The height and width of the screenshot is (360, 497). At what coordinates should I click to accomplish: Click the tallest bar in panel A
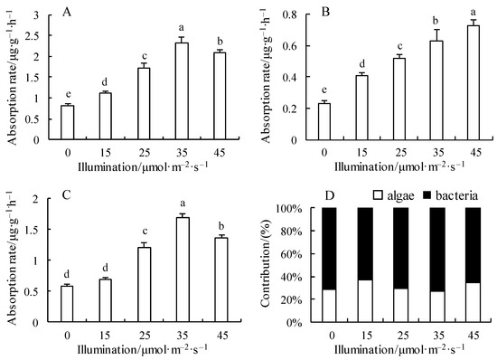(x=182, y=91)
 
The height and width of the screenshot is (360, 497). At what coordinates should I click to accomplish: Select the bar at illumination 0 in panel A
(x=68, y=122)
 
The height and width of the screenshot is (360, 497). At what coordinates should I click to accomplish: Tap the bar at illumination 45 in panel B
(x=473, y=83)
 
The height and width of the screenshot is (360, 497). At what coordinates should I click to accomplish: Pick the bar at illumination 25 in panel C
(x=145, y=285)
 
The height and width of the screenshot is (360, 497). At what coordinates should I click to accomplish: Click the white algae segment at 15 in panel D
(x=365, y=301)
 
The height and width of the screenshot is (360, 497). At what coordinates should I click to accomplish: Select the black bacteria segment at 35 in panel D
(x=437, y=250)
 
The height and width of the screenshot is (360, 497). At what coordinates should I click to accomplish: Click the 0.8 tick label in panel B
(x=290, y=14)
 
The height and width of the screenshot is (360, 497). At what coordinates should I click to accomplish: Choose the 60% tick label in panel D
(x=291, y=254)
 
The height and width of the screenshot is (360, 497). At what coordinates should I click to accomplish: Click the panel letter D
(x=330, y=195)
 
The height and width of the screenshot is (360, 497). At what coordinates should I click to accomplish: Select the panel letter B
(x=326, y=12)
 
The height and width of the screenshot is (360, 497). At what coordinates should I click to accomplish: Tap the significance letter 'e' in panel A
(x=68, y=94)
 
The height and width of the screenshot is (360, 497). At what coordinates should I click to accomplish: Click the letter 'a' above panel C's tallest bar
(x=183, y=204)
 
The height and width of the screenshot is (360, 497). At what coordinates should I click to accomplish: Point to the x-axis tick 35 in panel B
(x=438, y=153)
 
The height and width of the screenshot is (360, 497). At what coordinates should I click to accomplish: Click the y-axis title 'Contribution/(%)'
(x=265, y=262)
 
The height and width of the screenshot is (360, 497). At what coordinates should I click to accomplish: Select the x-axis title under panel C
(x=143, y=349)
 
